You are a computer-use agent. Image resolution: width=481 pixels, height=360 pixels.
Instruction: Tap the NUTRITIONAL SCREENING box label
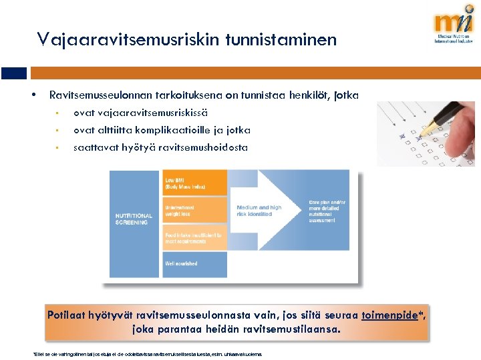pyautogui.click(x=134, y=219)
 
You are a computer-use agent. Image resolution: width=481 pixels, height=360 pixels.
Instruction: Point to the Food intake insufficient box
pyautogui.click(x=194, y=239)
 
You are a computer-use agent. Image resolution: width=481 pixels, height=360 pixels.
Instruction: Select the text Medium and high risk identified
pyautogui.click(x=259, y=211)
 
